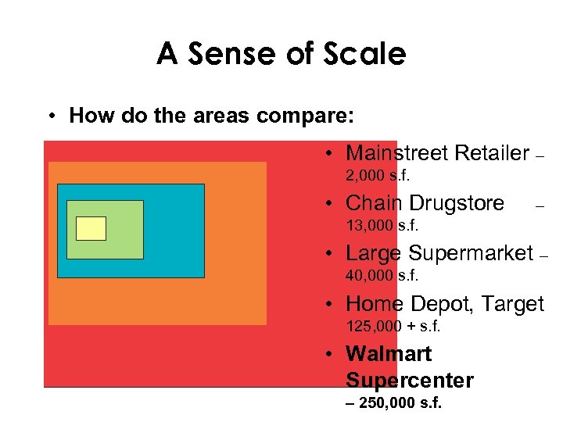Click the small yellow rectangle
point(91,228)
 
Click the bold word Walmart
point(388,354)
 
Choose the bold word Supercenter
point(409,381)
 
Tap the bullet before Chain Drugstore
point(332,204)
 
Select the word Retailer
point(493,152)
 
